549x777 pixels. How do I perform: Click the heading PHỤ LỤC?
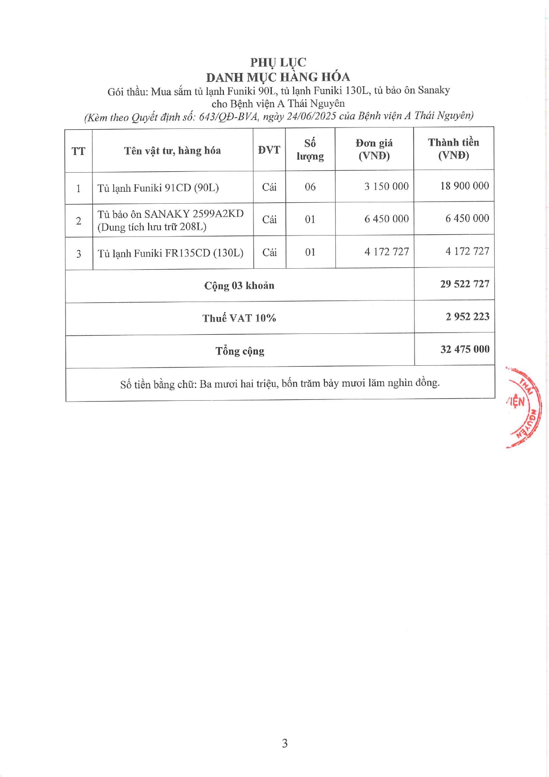278,62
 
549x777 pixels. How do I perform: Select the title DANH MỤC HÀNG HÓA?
278,77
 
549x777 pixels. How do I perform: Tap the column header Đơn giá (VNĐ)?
374,149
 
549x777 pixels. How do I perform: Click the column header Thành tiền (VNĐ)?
453,149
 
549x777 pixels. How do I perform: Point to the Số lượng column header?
310,150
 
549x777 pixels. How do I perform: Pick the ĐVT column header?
269,150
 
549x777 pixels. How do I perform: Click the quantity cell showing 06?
310,187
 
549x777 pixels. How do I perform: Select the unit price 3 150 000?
386,186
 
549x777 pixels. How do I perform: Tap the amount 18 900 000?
464,186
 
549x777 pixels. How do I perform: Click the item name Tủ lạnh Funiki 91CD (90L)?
158,188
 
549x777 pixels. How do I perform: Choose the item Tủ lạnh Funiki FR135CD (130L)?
170,253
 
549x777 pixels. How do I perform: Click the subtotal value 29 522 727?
465,284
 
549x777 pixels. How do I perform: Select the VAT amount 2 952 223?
467,317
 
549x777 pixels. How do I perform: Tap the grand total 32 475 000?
465,349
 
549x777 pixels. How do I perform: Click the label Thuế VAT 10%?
239,318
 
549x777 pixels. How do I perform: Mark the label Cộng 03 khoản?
239,286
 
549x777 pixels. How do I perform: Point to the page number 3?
284,743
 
